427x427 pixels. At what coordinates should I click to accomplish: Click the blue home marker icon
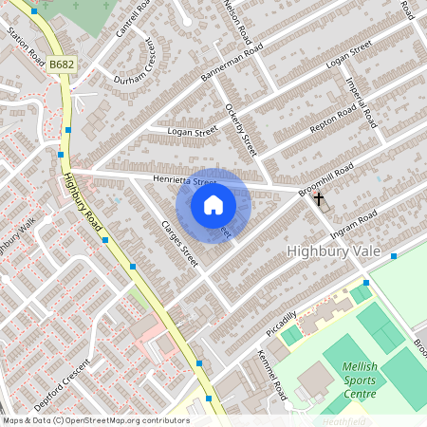213,205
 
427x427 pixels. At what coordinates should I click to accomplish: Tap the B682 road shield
62,65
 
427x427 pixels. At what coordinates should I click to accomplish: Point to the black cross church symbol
319,199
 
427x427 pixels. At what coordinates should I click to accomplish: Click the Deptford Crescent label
62,382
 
